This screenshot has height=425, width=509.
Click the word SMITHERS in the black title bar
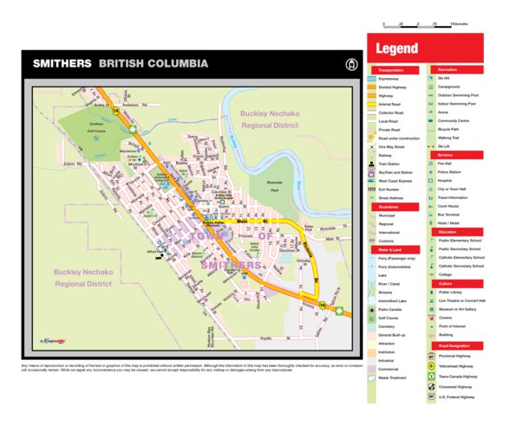point(62,64)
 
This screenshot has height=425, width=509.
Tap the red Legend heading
point(397,48)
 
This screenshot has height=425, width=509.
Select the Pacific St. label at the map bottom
point(268,338)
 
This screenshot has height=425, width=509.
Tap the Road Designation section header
point(454,345)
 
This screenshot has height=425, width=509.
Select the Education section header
point(448,232)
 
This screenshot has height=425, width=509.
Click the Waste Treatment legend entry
point(393,377)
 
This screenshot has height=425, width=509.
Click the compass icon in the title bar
point(351,64)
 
